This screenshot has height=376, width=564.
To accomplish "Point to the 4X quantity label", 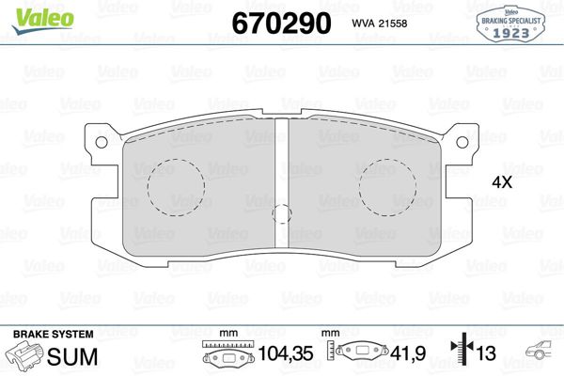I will (502, 183).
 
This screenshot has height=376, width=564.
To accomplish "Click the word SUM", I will (67, 356).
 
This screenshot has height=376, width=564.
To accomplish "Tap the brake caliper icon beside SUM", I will (24, 357).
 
